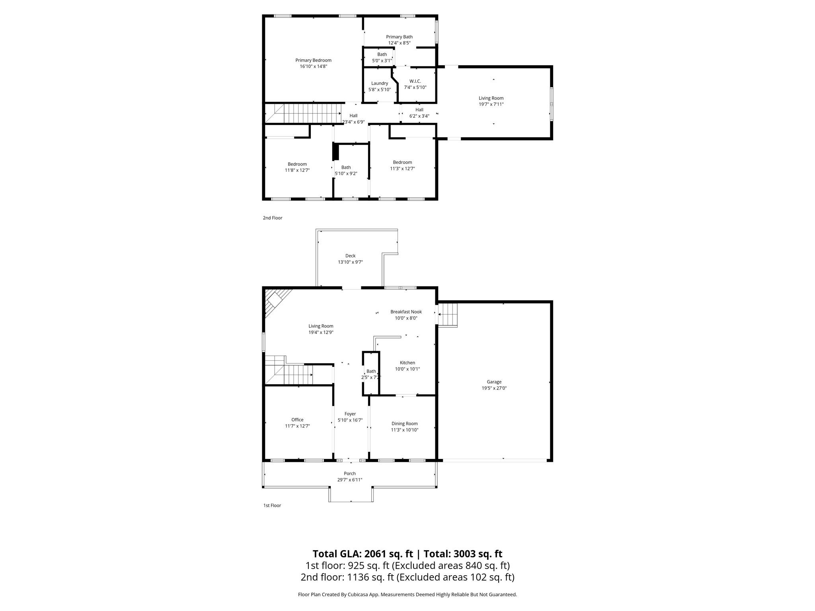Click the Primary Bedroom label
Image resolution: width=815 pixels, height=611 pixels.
pyautogui.click(x=313, y=60)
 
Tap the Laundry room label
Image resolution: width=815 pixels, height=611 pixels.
pyautogui.click(x=379, y=84)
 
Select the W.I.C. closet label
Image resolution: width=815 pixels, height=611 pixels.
pyautogui.click(x=415, y=81)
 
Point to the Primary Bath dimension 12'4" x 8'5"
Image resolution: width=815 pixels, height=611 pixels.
pyautogui.click(x=399, y=43)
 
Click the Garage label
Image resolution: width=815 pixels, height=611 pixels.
pyautogui.click(x=494, y=382)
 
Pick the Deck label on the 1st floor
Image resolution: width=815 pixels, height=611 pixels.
pyautogui.click(x=350, y=256)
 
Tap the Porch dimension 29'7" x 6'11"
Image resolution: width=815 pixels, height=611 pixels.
pyautogui.click(x=350, y=480)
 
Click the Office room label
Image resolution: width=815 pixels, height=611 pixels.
pyautogui.click(x=297, y=420)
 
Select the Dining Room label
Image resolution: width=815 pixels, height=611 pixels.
pyautogui.click(x=404, y=424)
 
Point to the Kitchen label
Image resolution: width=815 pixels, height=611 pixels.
pyautogui.click(x=407, y=363)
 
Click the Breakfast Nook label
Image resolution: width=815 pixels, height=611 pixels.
pyautogui.click(x=406, y=312)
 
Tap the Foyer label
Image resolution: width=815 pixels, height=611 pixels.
pyautogui.click(x=350, y=414)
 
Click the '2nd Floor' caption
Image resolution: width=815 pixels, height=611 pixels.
pyautogui.click(x=272, y=218)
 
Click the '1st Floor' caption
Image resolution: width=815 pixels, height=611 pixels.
pyautogui.click(x=272, y=506)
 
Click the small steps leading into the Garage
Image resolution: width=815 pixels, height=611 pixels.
pyautogui.click(x=448, y=315)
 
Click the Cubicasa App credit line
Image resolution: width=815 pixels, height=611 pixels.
pyautogui.click(x=407, y=595)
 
